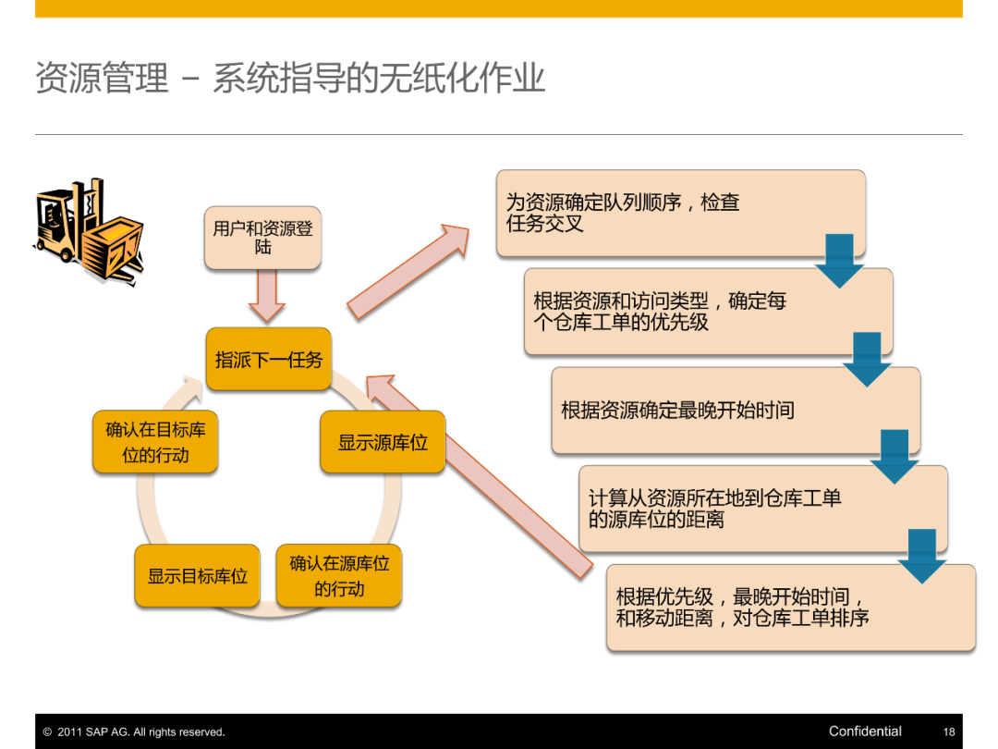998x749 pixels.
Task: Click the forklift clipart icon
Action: point(89,227)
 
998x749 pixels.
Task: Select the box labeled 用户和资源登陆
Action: point(262,238)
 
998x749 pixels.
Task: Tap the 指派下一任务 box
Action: point(268,359)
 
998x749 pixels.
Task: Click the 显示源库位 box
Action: point(383,442)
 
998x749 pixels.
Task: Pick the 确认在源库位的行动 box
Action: point(339,576)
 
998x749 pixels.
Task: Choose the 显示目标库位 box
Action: point(197,576)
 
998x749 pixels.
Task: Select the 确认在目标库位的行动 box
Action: point(155,442)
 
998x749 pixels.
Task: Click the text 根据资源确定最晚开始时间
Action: point(677,410)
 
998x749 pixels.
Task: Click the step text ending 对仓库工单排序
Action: point(742,607)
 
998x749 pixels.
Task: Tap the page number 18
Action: point(948,731)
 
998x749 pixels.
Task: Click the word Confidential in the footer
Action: point(865,731)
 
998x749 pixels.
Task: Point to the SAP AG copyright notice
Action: point(134,732)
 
